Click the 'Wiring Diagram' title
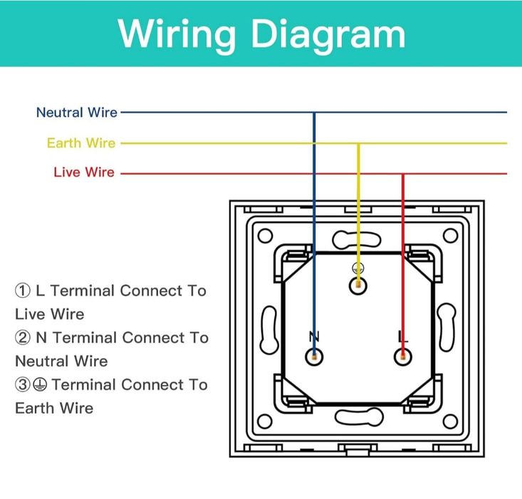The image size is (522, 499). (x=261, y=34)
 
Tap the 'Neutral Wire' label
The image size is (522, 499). (x=76, y=113)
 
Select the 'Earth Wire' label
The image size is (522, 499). (x=80, y=143)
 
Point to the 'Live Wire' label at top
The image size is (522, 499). (x=83, y=173)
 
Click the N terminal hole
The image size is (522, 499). (x=314, y=356)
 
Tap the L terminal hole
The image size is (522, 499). (x=403, y=356)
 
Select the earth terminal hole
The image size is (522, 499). (x=358, y=286)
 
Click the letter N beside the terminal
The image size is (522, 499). (x=314, y=336)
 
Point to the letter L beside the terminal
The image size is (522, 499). (x=403, y=336)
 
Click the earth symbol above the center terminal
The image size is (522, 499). (x=358, y=268)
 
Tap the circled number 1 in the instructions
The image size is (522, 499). (x=23, y=291)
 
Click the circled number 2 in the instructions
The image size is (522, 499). (x=23, y=337)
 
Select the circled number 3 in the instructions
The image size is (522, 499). (x=23, y=385)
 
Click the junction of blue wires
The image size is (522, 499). (x=314, y=113)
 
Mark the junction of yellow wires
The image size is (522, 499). (x=358, y=143)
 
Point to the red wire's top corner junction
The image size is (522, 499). (x=403, y=173)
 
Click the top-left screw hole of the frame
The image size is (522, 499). (x=265, y=236)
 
